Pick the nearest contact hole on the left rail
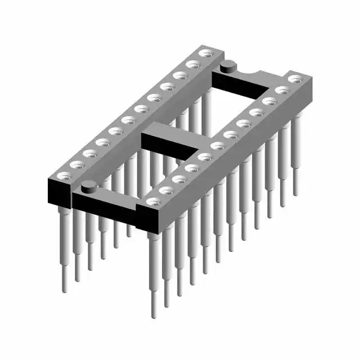point(62,175)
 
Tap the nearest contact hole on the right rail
point(151,201)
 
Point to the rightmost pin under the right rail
point(295,191)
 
